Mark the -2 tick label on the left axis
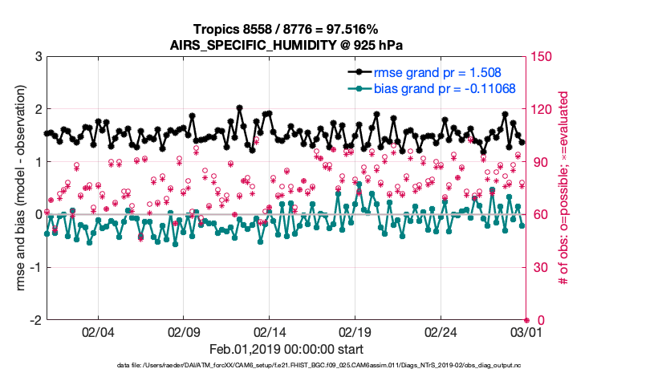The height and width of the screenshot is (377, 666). (x=35, y=319)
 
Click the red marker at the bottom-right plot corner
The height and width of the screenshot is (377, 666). (x=526, y=319)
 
